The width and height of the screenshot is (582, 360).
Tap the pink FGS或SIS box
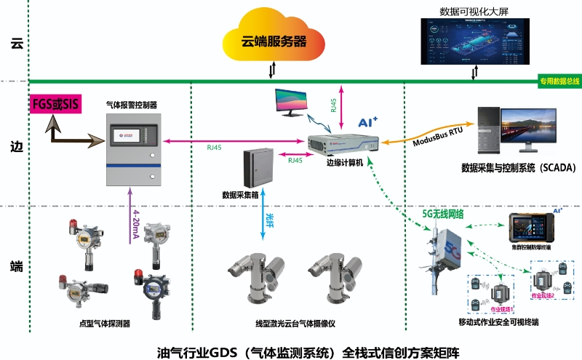coord(55,105)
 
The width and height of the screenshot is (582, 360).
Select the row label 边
coord(15,145)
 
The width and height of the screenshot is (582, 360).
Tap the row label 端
coord(15,266)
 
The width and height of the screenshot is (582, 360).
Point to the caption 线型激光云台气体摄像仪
coord(294,323)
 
